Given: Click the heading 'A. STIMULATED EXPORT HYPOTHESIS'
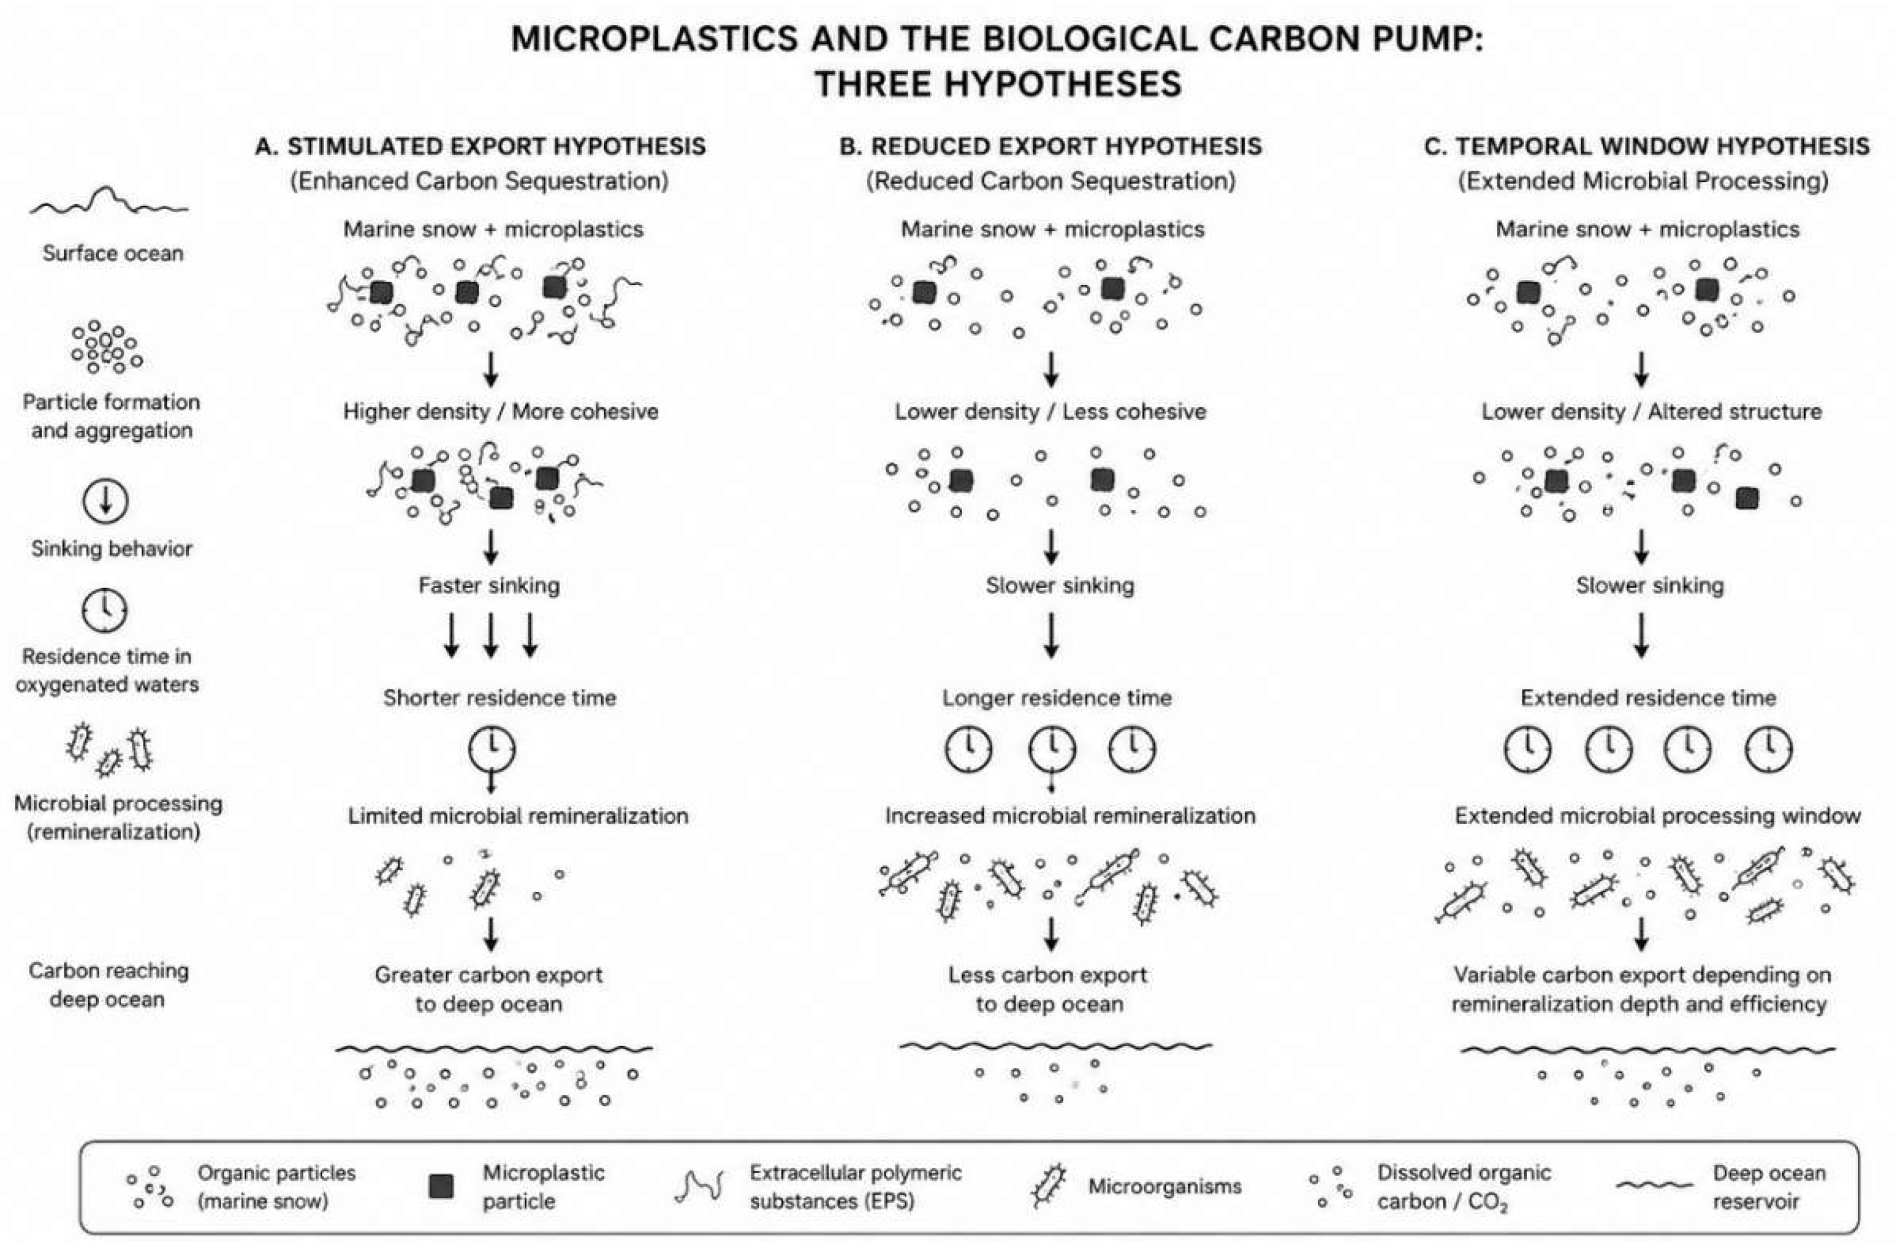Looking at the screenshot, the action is tap(480, 147).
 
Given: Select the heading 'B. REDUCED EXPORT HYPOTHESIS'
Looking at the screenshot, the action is tap(1050, 147).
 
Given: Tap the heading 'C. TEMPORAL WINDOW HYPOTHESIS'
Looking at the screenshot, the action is tap(1646, 147).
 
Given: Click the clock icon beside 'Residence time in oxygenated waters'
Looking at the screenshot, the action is tap(105, 611).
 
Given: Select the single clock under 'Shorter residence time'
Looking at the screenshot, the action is tap(492, 749).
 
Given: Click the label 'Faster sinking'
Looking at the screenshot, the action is tap(489, 586).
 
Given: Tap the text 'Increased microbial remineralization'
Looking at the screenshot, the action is tap(1070, 816).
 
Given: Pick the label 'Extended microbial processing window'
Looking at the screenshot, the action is tap(1658, 816).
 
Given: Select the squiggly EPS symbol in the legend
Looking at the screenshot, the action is tap(699, 1186).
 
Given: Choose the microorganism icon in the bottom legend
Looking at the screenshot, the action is tap(1048, 1186).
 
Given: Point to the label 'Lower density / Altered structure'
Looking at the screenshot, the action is tap(1651, 411).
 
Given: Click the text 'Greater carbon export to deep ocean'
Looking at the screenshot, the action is tap(488, 989).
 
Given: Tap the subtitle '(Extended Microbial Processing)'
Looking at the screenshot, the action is tap(1643, 181).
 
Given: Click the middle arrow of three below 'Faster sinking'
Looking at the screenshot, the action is tap(491, 635).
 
